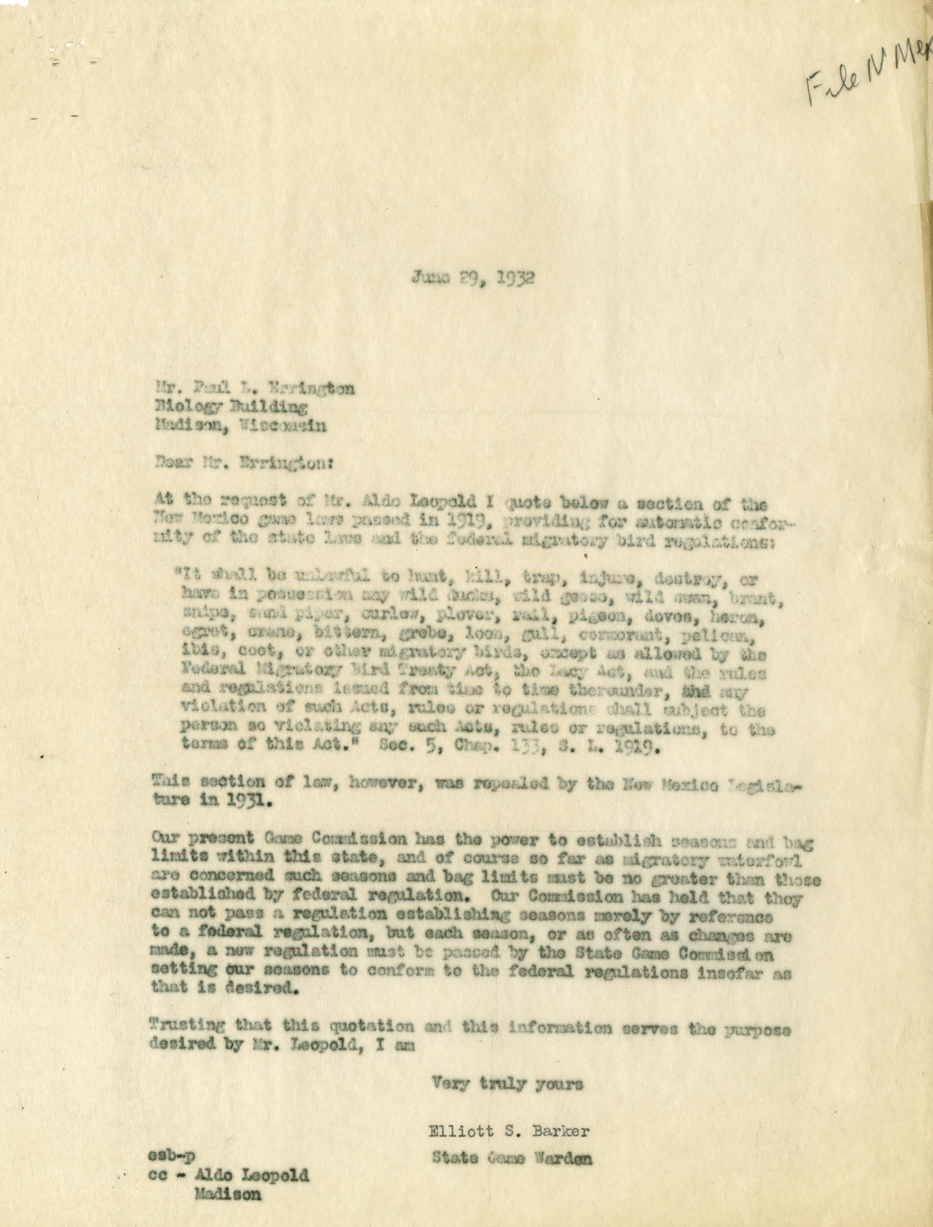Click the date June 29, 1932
(473, 278)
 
